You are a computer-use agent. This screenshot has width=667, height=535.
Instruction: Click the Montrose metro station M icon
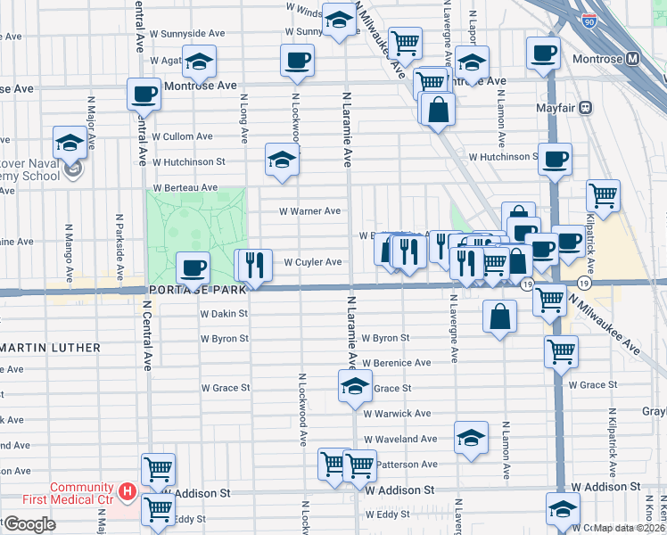click(x=634, y=59)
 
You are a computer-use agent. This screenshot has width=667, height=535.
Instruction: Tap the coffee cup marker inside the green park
click(x=194, y=267)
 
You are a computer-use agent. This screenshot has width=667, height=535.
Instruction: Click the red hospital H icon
click(x=127, y=491)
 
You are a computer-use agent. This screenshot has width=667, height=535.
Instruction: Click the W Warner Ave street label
click(x=309, y=211)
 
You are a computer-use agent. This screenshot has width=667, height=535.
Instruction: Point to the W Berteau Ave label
click(x=185, y=188)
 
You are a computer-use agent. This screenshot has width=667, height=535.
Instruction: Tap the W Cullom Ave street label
click(x=182, y=136)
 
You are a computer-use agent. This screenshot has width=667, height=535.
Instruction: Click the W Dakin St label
click(x=223, y=314)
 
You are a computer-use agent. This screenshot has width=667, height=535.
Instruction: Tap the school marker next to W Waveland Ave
click(x=471, y=437)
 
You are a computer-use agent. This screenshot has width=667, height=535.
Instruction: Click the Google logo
click(x=29, y=524)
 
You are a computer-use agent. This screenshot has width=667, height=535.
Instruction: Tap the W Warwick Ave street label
click(x=397, y=414)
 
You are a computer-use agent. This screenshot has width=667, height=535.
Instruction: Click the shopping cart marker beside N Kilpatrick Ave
click(x=604, y=195)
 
